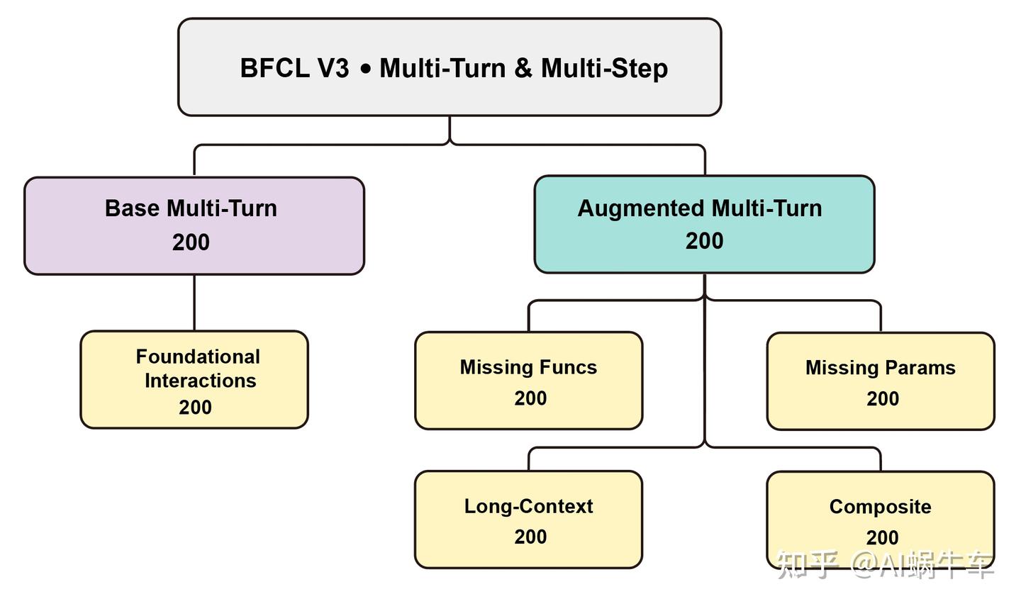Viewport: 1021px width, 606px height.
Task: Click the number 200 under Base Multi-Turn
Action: pyautogui.click(x=191, y=242)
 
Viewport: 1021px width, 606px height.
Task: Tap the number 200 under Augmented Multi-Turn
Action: pyautogui.click(x=704, y=241)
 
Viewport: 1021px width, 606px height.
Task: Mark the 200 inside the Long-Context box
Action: pyautogui.click(x=530, y=537)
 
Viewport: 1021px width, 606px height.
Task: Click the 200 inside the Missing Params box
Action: pyautogui.click(x=882, y=399)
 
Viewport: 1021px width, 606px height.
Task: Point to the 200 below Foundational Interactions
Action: pyautogui.click(x=195, y=408)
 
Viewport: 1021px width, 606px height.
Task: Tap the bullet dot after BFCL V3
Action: pyautogui.click(x=366, y=69)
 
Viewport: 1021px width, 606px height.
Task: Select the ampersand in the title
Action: pyautogui.click(x=523, y=69)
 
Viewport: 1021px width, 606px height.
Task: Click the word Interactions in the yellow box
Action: pyautogui.click(x=200, y=381)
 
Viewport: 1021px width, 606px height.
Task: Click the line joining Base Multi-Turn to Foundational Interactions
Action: pyautogui.click(x=194, y=303)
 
